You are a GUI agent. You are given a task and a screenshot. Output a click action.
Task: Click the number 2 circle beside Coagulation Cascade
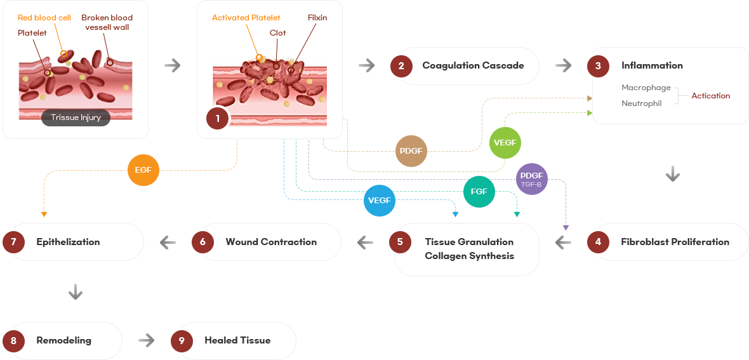[x=401, y=66]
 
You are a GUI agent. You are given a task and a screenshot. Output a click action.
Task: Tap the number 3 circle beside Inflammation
[x=598, y=66]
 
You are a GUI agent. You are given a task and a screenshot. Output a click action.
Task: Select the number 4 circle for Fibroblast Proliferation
[x=598, y=242]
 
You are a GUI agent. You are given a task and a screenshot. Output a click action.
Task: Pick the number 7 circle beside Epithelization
[x=14, y=242]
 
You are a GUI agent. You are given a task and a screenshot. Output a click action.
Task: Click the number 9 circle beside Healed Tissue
[x=182, y=341]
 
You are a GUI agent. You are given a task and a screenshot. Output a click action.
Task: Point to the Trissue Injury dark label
[x=76, y=117]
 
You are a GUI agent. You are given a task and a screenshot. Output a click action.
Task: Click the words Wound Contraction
[x=271, y=242]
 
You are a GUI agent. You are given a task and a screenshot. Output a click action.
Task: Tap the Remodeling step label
[x=63, y=340]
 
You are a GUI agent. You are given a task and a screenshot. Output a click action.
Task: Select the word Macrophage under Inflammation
[x=646, y=88]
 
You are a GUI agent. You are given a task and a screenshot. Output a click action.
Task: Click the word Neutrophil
[x=641, y=103]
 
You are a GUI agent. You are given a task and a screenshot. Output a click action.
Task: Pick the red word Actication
[x=710, y=96]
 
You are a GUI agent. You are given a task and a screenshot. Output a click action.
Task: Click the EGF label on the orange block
[x=143, y=170]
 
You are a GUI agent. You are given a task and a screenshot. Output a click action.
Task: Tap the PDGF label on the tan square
[x=411, y=151]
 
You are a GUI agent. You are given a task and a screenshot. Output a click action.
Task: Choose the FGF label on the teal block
[x=479, y=191]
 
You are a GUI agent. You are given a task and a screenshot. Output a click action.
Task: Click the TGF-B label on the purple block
[x=531, y=184]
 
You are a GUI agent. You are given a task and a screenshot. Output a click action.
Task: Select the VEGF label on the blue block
[x=379, y=200]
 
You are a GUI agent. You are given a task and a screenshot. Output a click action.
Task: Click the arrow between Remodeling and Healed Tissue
[x=146, y=341]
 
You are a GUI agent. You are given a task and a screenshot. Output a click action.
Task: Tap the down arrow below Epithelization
[x=76, y=291]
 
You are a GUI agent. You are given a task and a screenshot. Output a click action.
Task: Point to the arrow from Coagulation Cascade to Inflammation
[x=564, y=66]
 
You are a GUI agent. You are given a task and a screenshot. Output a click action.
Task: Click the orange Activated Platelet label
[x=246, y=18]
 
